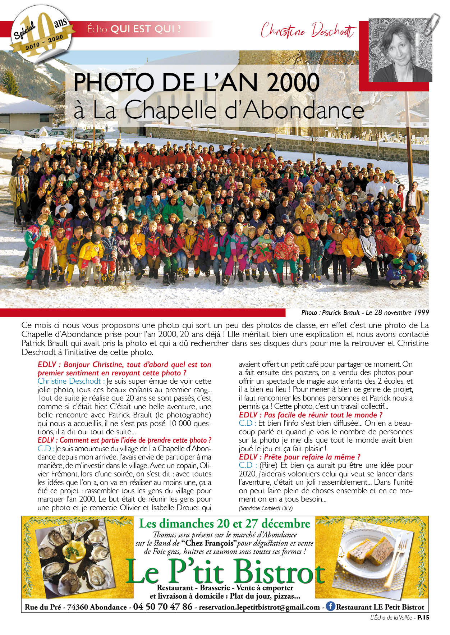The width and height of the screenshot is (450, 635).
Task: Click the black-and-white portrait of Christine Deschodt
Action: (400, 50)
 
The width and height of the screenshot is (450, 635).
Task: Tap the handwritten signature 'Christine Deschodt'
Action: (308, 31)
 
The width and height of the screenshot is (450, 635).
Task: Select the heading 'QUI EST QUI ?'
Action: (146, 29)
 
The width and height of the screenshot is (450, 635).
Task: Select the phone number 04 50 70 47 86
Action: (162, 607)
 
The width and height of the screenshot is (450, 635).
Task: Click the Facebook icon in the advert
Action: (330, 606)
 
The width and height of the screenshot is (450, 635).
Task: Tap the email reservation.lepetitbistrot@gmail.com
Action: (259, 607)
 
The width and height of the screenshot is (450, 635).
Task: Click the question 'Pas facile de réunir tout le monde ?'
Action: (311, 415)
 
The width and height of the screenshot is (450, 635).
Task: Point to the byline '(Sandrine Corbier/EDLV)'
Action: (266, 508)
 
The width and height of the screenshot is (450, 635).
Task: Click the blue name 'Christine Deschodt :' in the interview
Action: (71, 381)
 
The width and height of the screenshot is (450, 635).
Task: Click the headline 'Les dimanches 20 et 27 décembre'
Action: (224, 523)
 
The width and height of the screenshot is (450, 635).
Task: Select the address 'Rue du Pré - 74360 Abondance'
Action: (75, 607)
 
